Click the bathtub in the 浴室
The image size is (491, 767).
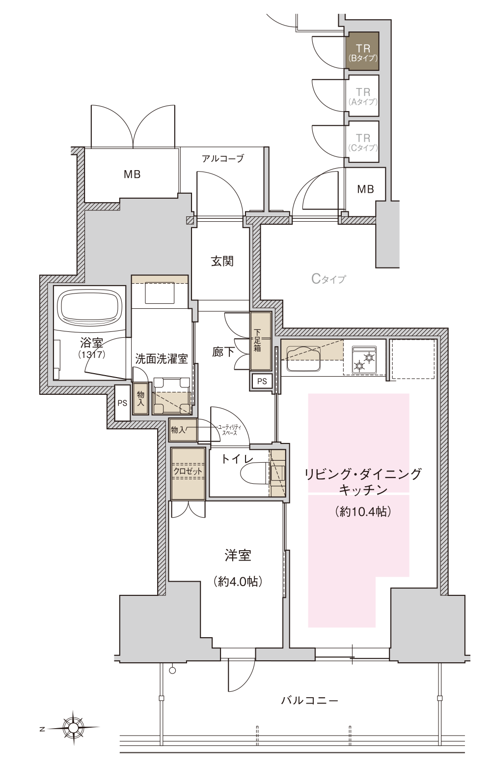point(89,307)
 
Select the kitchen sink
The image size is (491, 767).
point(303,358)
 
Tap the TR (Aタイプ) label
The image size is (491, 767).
point(363,96)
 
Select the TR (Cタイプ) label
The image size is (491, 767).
point(363,143)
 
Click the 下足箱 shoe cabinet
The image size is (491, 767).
point(261,341)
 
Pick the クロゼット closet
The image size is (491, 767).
point(188,474)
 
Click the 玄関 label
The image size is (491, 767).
point(222,262)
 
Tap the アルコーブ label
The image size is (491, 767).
point(223,158)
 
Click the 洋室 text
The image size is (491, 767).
point(238,556)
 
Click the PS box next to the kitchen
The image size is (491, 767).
point(262,381)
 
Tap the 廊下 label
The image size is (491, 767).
point(223,352)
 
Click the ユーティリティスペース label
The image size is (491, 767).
point(229,430)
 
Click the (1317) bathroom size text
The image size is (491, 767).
point(92,354)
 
